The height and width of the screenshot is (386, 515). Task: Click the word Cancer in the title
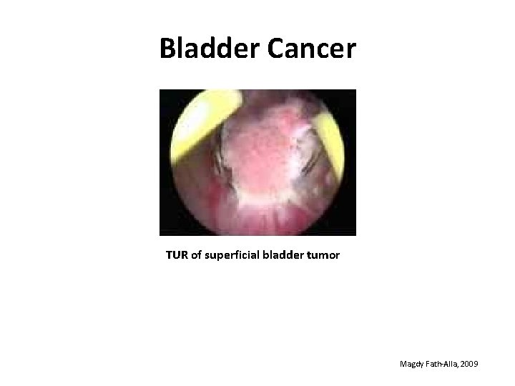click(x=312, y=49)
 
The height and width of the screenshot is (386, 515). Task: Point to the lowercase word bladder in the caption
click(x=289, y=254)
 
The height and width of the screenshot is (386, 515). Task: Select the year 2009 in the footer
click(x=471, y=365)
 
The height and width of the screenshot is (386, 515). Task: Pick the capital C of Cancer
click(x=278, y=49)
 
